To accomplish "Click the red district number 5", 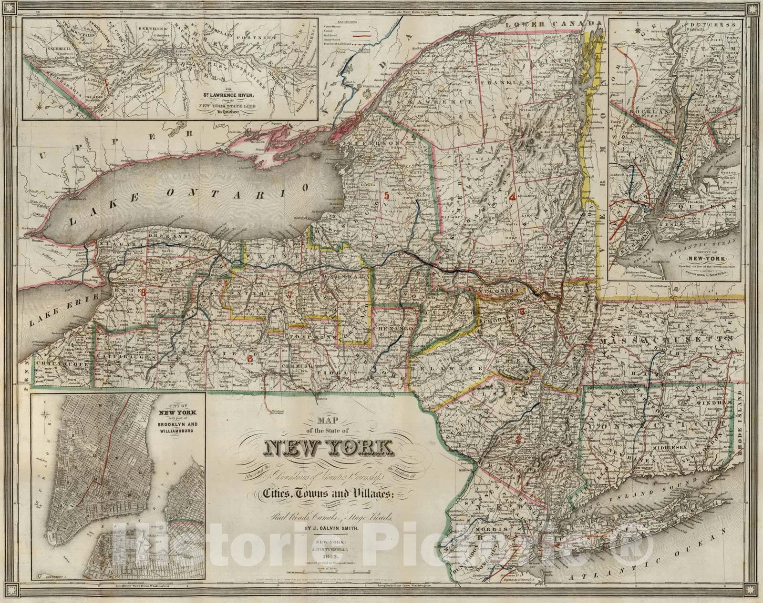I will click(387, 195).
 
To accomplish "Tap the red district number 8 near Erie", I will click(143, 293).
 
